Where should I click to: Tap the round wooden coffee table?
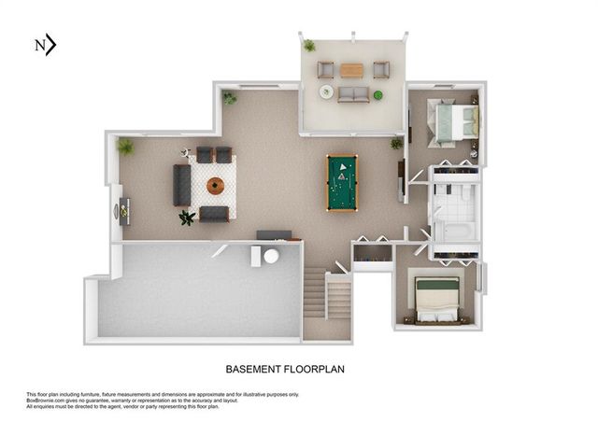coord(216,186)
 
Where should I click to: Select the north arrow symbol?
coord(46,45)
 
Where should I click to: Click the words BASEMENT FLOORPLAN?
coord(286,370)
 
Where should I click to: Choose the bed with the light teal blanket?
coord(456,122)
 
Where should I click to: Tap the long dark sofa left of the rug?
coord(182,185)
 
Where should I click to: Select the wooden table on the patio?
coord(351,70)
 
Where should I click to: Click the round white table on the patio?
coord(326,91)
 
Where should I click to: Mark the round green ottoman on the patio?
coord(378,94)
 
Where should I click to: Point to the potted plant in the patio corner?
coord(309,45)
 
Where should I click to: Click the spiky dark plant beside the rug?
coord(187,218)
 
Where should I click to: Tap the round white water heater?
coord(272,256)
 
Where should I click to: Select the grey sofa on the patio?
coord(352,93)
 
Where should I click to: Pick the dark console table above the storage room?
coord(274,234)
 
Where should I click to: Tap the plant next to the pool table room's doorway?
coord(396,143)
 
